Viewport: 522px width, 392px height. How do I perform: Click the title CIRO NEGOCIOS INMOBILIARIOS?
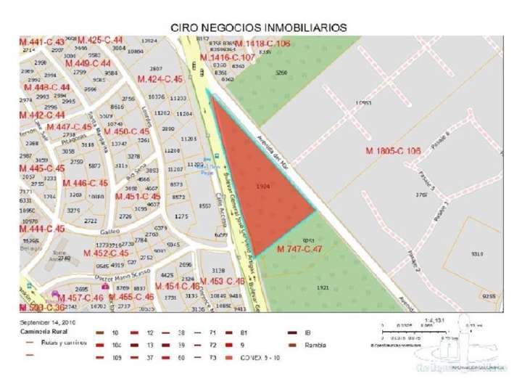click(258, 27)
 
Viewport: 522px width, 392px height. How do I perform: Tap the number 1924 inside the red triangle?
click(263, 186)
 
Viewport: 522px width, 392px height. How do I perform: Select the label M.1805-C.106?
click(393, 151)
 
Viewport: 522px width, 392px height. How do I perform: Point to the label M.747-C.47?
click(299, 248)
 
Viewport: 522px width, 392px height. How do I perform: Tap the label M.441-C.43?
click(42, 42)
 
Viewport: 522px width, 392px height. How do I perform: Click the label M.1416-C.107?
click(228, 57)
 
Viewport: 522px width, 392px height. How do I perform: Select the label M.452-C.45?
click(106, 253)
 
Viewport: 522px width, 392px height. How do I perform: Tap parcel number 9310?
click(477, 253)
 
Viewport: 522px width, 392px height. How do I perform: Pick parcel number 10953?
click(364, 103)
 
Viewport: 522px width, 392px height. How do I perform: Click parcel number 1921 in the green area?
click(323, 287)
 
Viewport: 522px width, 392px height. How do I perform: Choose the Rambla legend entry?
click(315, 345)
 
